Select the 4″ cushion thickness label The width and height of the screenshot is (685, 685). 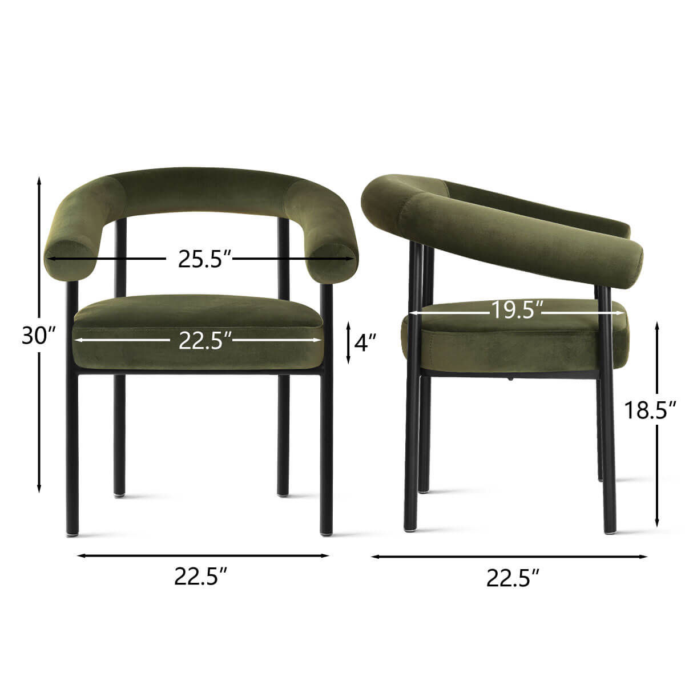click(365, 342)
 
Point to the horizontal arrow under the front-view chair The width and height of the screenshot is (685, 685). click(203, 555)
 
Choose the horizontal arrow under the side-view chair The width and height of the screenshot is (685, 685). click(509, 556)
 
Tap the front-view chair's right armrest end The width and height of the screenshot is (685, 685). click(334, 260)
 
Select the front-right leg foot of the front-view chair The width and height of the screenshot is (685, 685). click(327, 532)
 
